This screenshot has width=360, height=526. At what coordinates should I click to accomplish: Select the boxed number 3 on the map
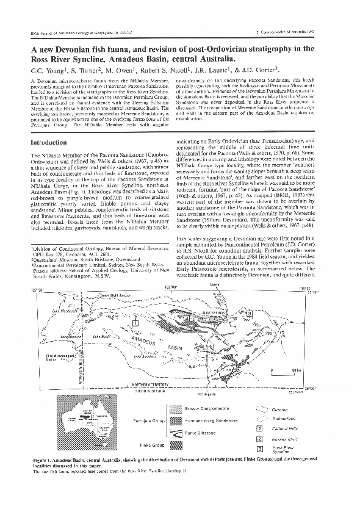tap(250, 313)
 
